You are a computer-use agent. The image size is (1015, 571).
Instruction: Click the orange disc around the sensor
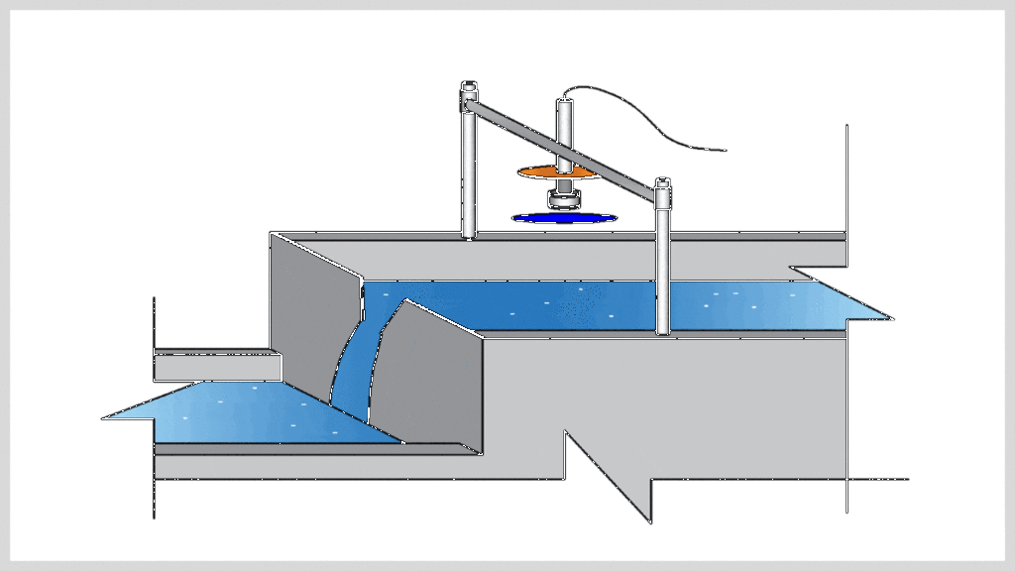tap(535, 171)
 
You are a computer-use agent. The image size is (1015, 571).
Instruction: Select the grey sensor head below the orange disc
tap(565, 199)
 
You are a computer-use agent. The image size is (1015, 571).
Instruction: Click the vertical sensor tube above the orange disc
tap(564, 129)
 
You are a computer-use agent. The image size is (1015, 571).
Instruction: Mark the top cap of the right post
tap(663, 184)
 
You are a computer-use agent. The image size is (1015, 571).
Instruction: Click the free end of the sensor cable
tap(726, 151)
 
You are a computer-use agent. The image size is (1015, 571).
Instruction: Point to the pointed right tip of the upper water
tap(889, 319)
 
